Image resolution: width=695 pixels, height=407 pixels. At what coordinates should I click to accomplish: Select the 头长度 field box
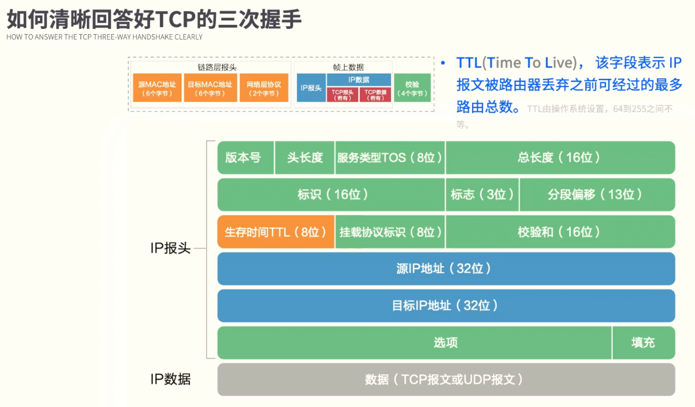point(305,158)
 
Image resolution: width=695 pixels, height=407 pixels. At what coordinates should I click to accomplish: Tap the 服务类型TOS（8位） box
point(390,158)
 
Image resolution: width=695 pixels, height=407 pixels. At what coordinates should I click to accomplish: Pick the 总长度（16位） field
point(559,158)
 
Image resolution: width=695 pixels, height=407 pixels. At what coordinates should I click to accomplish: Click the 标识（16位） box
point(331,195)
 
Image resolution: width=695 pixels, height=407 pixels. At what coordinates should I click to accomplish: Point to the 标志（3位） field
point(482,195)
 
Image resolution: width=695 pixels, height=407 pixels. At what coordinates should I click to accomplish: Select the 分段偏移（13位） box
point(597,195)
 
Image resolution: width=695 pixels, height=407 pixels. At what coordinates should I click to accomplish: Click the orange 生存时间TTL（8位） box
point(276,232)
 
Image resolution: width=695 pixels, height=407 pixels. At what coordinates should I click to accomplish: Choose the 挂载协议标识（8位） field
point(390,232)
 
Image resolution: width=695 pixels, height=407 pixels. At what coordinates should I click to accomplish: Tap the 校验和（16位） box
point(559,232)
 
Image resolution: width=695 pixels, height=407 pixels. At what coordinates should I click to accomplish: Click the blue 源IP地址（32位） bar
point(445,268)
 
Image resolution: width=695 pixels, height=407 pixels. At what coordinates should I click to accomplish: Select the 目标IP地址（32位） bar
point(445,306)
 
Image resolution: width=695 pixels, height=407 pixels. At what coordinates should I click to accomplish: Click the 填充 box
point(643,343)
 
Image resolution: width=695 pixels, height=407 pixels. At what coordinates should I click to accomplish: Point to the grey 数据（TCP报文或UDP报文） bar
point(445,380)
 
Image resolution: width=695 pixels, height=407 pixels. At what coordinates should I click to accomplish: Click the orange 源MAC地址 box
point(157,88)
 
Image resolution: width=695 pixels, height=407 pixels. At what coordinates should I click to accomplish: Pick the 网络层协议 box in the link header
point(264,88)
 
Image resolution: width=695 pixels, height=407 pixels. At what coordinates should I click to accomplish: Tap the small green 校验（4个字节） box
point(412,88)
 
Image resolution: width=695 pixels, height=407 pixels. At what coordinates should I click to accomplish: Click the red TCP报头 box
point(342,95)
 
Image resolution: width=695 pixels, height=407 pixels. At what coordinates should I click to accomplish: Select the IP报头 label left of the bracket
point(170,249)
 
